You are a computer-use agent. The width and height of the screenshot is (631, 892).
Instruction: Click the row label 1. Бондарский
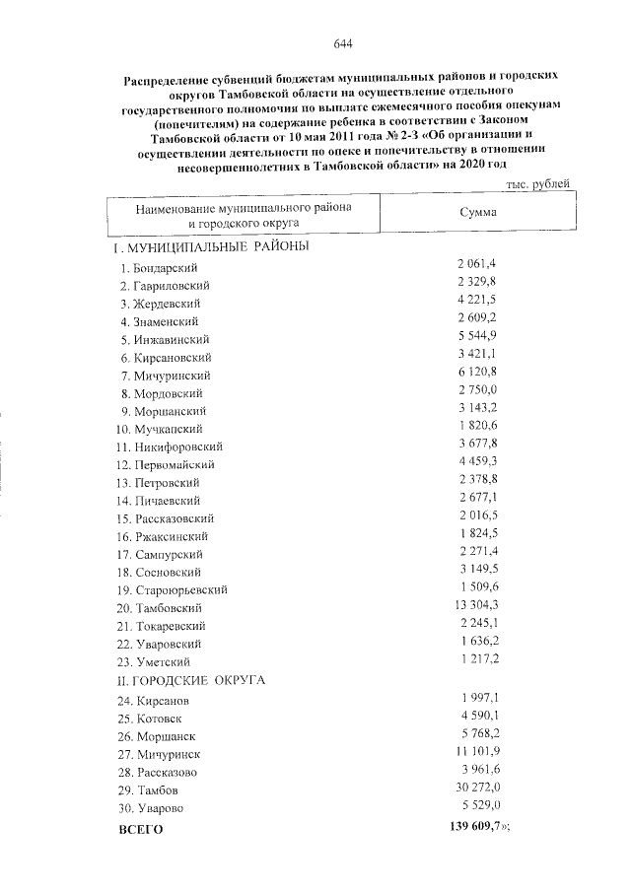tap(161, 268)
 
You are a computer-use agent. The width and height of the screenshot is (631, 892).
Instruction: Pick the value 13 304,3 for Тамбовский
tap(477, 607)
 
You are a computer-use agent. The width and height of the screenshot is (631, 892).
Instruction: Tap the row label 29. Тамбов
tap(151, 789)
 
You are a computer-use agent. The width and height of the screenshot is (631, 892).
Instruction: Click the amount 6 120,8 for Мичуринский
tap(477, 375)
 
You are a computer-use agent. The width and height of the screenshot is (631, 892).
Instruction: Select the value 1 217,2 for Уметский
tap(478, 660)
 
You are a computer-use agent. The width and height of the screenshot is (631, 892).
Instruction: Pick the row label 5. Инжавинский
tap(166, 339)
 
